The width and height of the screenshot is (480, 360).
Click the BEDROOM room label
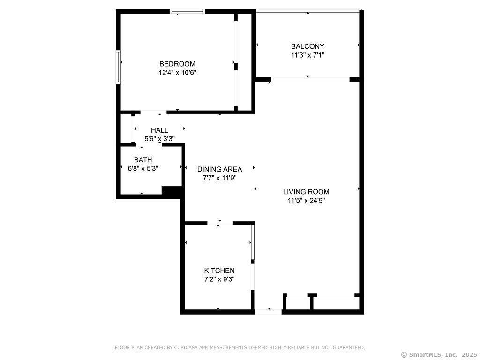coord(177,64)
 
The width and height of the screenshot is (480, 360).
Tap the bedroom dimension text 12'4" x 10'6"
coord(177,73)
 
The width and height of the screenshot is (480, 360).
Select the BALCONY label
coord(307,46)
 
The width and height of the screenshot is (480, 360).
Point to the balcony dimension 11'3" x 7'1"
coord(307,55)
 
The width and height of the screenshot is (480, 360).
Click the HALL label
coord(159,130)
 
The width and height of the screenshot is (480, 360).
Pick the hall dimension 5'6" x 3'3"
coord(159,138)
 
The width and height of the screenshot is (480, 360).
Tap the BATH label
coord(143,160)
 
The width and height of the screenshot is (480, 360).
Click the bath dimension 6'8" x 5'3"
coord(143,168)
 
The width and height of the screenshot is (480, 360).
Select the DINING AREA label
coord(219,169)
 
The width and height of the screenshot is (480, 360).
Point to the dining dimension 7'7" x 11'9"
coord(219,178)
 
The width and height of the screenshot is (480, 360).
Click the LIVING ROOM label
coord(306,192)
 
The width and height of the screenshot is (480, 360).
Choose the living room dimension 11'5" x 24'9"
coord(306,200)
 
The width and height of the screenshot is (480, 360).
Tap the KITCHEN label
coord(219,270)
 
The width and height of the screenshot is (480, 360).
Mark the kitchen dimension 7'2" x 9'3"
coord(219,279)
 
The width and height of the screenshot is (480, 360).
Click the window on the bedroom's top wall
coord(187,11)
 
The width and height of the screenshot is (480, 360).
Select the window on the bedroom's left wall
coord(119,67)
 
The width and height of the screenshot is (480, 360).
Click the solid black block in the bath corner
coord(172,192)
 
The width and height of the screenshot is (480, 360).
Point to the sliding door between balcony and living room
coord(310,80)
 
